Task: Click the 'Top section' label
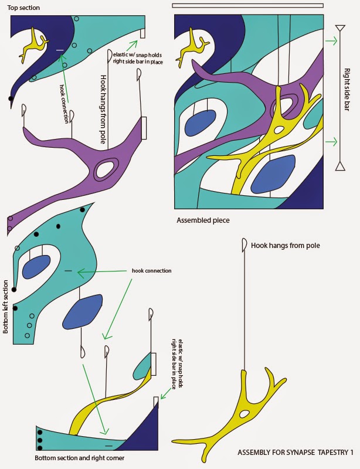click(x=23, y=8)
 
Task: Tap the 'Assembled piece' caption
click(x=203, y=220)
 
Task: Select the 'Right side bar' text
click(x=347, y=90)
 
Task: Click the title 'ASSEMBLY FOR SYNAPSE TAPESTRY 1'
click(x=296, y=452)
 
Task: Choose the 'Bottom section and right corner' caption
click(x=80, y=458)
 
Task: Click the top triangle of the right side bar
click(x=340, y=29)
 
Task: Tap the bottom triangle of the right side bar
click(x=340, y=166)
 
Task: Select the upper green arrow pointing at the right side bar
click(x=331, y=41)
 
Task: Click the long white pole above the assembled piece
click(x=248, y=5)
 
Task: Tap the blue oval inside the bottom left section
click(x=36, y=267)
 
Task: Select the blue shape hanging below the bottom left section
click(x=82, y=311)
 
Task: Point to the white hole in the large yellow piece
click(x=244, y=414)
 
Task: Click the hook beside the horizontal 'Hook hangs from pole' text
click(x=244, y=244)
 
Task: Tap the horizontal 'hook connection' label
click(x=152, y=271)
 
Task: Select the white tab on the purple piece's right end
click(x=144, y=128)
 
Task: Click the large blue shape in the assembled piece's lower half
click(x=273, y=174)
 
